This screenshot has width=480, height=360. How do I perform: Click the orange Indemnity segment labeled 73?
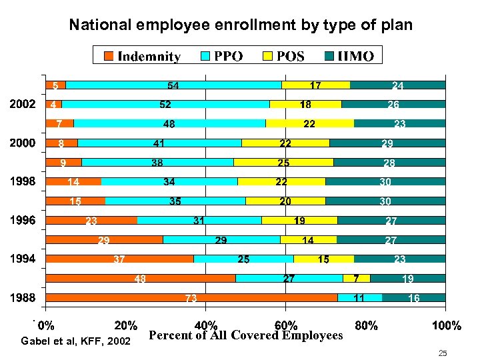pyautogui.click(x=191, y=298)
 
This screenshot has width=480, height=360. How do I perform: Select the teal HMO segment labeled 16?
pyautogui.click(x=414, y=298)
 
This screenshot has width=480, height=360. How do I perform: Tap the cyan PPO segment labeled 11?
pyautogui.click(x=359, y=298)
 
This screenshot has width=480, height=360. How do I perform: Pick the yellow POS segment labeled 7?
pyautogui.click(x=356, y=278)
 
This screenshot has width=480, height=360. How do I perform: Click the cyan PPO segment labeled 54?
pyautogui.click(x=173, y=85)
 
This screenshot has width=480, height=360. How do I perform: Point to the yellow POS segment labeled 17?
pyautogui.click(x=315, y=85)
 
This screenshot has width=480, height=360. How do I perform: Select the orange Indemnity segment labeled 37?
pyautogui.click(x=119, y=259)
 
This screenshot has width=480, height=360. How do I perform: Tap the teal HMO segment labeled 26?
pyautogui.click(x=393, y=104)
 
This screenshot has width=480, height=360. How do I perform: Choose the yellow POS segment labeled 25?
pyautogui.click(x=283, y=162)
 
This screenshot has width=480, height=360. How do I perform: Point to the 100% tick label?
pyautogui.click(x=446, y=325)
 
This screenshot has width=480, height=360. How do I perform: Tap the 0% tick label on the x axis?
pyautogui.click(x=46, y=325)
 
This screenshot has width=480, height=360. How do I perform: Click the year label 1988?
pyautogui.click(x=22, y=298)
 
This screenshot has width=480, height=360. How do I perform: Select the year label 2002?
pyautogui.click(x=22, y=105)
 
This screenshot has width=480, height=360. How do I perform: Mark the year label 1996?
pyautogui.click(x=22, y=221)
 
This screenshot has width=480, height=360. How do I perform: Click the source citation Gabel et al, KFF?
pyautogui.click(x=75, y=341)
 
